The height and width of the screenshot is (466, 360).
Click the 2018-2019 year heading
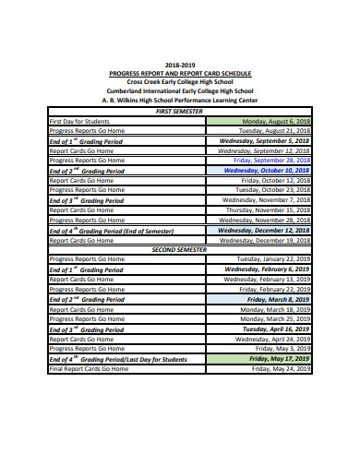(180, 65)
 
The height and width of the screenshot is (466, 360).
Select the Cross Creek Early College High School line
(180, 82)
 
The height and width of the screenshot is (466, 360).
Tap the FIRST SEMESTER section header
(180, 111)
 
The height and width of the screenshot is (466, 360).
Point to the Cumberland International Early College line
(180, 91)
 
